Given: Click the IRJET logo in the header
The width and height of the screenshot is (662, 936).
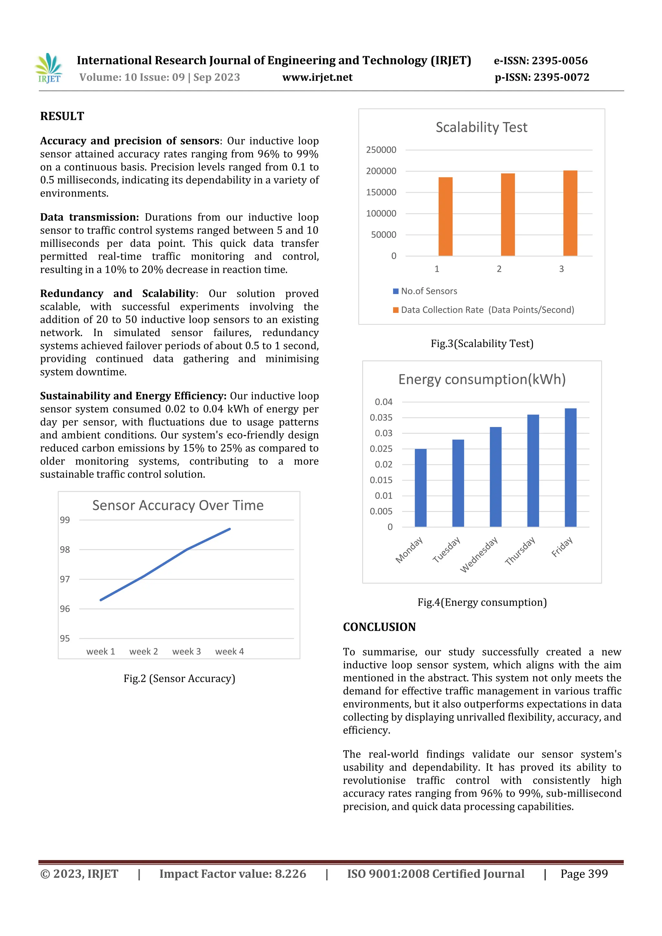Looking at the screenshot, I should pyautogui.click(x=49, y=68).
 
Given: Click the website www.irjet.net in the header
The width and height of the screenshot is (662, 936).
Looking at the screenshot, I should pyautogui.click(x=317, y=78).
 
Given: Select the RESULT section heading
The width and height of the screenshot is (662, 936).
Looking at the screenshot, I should pyautogui.click(x=62, y=117).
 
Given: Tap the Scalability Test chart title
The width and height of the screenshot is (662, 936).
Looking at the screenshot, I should pyautogui.click(x=481, y=128).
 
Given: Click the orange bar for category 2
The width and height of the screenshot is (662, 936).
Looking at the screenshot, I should pyautogui.click(x=507, y=215).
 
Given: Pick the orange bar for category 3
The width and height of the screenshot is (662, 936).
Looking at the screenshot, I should pyautogui.click(x=570, y=213).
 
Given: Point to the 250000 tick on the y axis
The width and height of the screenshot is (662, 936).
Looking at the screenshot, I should pyautogui.click(x=381, y=150).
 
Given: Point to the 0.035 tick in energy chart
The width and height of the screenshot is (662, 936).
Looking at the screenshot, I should pyautogui.click(x=381, y=418).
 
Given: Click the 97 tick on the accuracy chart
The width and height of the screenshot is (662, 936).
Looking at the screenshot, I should pyautogui.click(x=65, y=579).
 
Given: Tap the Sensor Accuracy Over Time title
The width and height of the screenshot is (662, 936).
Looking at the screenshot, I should pyautogui.click(x=178, y=505).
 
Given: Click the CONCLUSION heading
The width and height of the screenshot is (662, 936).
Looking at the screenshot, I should pyautogui.click(x=379, y=627).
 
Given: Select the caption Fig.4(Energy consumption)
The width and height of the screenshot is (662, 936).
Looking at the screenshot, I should pyautogui.click(x=482, y=602).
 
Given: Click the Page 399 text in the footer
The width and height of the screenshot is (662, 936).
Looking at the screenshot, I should pyautogui.click(x=584, y=874).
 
